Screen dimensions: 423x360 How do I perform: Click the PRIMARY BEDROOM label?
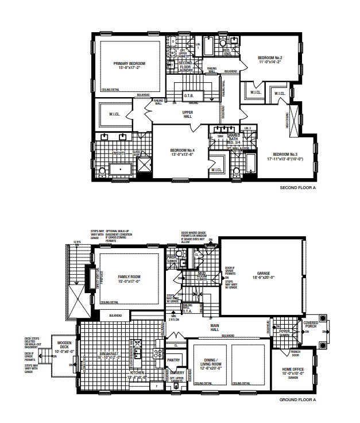pos(129,63)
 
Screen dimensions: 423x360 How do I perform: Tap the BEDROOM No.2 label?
pos(270,58)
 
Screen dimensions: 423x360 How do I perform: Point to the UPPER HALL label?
pos(187,114)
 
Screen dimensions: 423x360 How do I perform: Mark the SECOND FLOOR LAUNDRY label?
pos(185,67)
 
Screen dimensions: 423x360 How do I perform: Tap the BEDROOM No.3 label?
pos(285,154)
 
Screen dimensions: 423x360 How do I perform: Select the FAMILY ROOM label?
pos(129,276)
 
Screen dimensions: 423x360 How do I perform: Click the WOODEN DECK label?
pos(64,345)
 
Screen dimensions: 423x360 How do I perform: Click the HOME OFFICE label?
pos(293,369)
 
